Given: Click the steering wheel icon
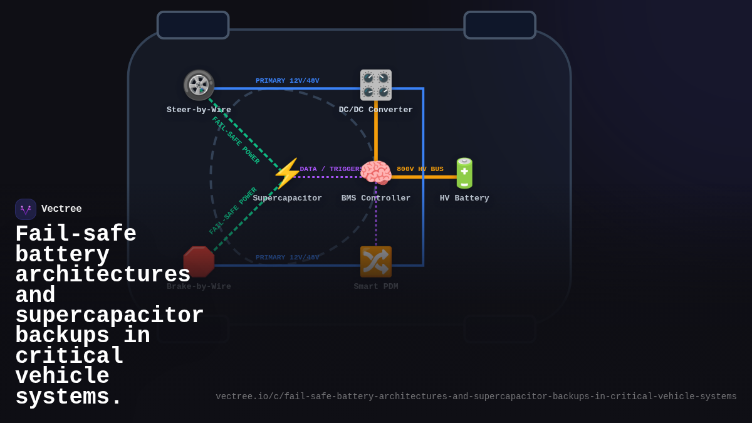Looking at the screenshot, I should (199, 85).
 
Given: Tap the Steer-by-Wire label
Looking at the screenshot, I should (199, 110).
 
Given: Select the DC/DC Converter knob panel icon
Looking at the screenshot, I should (376, 85).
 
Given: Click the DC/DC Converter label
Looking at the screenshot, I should (376, 110).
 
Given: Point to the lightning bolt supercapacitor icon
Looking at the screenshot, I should (287, 174).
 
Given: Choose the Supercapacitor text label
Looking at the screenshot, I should (287, 199).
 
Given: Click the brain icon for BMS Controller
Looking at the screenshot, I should (376, 174).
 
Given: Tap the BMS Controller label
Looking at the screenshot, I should (376, 199).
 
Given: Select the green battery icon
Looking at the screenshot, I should (464, 174).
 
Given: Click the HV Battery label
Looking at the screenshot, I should (464, 199).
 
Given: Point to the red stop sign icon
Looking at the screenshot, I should (199, 262).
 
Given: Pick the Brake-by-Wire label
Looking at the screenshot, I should (199, 287).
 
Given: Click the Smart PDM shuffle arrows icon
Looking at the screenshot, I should (376, 262).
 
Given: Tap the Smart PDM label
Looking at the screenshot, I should (376, 287).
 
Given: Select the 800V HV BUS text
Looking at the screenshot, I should (420, 169).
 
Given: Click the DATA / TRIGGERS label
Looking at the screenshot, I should (331, 169).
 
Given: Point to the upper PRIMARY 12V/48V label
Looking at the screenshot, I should (287, 81).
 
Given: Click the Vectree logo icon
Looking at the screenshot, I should (26, 209).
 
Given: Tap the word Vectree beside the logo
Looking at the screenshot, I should (61, 209).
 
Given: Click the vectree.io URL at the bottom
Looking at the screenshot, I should (476, 397).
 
